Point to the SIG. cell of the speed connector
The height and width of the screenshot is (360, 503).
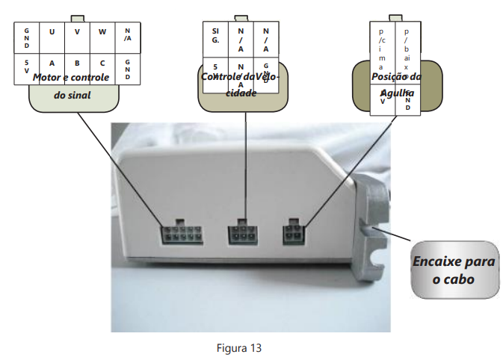point(216,36)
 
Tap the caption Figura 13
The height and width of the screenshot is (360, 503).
point(239,348)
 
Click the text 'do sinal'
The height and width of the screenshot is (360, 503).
point(74,96)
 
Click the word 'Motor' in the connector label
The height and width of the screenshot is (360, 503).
point(46,78)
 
